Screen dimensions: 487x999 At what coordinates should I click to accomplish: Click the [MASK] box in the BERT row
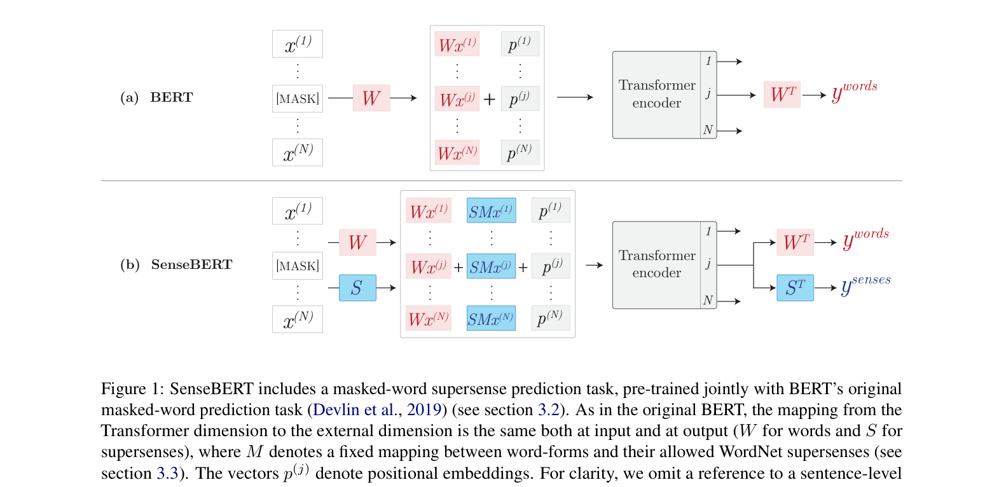click(297, 99)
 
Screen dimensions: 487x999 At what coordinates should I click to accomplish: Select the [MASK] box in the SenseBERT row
click(297, 266)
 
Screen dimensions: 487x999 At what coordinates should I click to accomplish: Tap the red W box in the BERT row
click(371, 98)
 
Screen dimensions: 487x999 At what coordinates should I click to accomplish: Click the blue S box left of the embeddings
click(357, 288)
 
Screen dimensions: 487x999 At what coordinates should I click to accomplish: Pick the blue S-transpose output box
click(795, 288)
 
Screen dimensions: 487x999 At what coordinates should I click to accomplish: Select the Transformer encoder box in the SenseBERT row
click(657, 264)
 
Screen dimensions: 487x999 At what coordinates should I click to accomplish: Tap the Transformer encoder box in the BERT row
click(657, 95)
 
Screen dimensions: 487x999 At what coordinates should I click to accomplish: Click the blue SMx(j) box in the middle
click(491, 266)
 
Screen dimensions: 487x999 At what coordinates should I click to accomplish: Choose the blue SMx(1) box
click(491, 211)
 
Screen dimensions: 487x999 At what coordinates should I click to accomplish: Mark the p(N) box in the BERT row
click(520, 153)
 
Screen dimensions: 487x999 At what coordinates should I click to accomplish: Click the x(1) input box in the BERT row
click(297, 44)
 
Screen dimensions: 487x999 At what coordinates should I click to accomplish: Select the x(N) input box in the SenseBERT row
click(297, 319)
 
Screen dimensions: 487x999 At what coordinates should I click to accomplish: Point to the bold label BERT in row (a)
click(171, 97)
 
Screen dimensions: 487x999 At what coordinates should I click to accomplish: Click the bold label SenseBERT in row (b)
click(191, 264)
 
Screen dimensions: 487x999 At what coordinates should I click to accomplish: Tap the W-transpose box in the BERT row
click(782, 95)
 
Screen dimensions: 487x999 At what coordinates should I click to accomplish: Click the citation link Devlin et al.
click(355, 410)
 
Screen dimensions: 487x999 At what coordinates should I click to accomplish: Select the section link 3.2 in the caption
click(548, 410)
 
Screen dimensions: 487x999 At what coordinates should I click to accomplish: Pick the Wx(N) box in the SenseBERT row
click(429, 319)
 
